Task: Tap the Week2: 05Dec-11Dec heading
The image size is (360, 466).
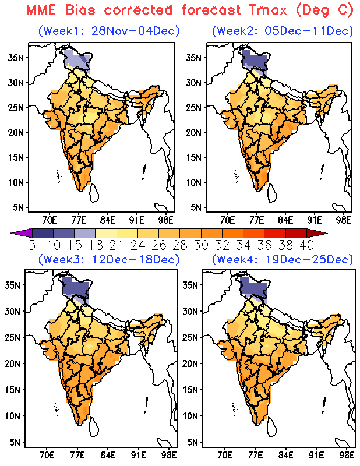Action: (x=283, y=31)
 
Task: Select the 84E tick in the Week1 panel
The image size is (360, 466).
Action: (x=108, y=220)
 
